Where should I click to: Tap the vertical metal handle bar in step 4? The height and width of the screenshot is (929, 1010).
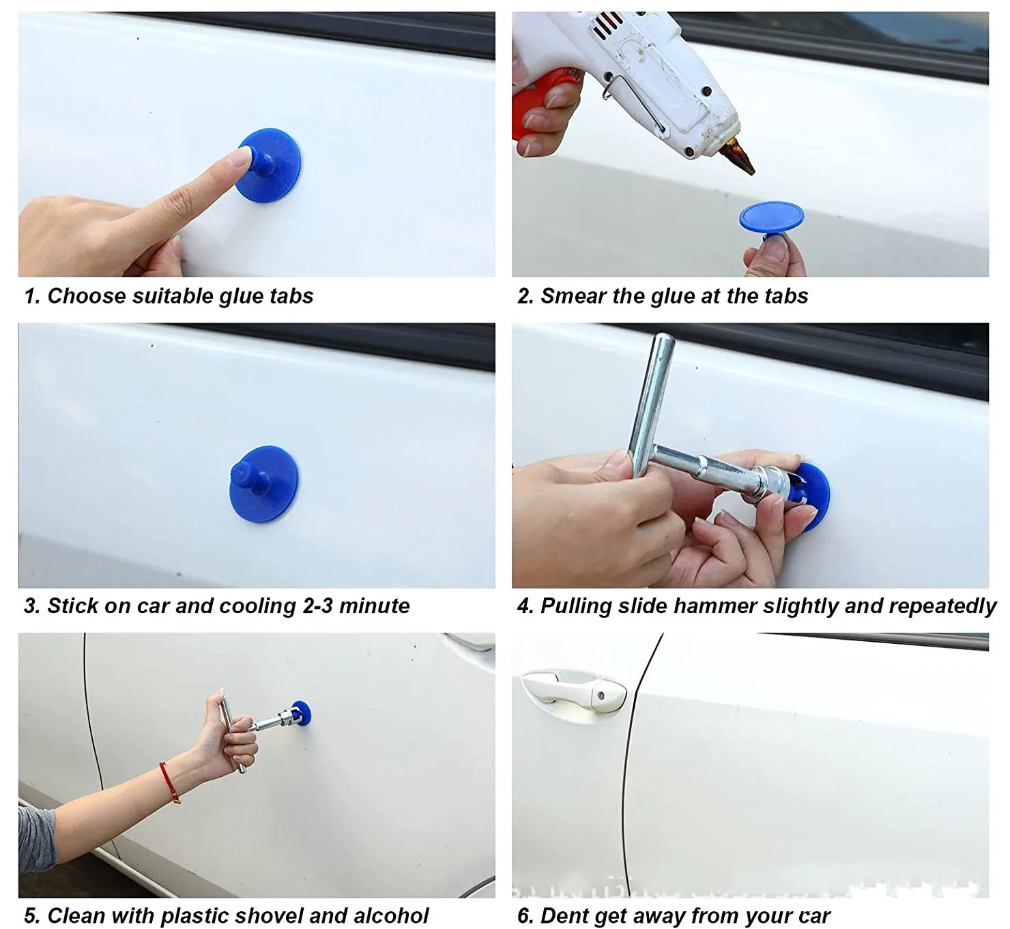[651, 402]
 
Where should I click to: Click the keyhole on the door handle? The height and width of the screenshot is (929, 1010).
[601, 696]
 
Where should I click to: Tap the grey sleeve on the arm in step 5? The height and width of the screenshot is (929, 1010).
[35, 839]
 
